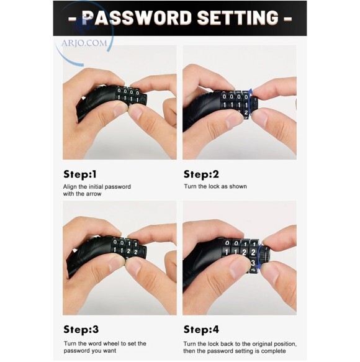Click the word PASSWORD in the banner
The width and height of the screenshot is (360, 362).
click(x=137, y=17)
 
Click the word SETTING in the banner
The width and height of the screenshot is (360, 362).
click(x=238, y=17)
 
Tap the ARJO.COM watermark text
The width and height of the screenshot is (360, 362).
click(x=84, y=43)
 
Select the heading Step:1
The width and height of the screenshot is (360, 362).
click(x=80, y=174)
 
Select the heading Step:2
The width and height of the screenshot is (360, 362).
click(x=201, y=174)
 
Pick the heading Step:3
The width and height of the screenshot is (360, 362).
click(x=81, y=330)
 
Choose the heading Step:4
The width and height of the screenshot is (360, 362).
click(x=201, y=330)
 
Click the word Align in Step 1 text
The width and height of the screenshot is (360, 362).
click(x=68, y=187)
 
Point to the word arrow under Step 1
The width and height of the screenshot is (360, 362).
click(x=94, y=194)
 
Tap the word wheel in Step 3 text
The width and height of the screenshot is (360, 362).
click(x=111, y=343)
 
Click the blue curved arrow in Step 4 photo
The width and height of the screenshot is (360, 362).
click(x=259, y=256)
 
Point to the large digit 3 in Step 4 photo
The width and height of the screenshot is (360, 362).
click(x=253, y=263)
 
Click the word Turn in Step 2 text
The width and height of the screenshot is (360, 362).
click(x=189, y=186)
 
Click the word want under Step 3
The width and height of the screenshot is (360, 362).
click(x=110, y=351)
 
